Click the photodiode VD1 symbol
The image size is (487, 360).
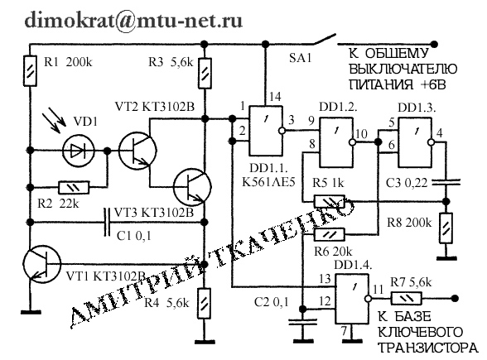click(x=78, y=151)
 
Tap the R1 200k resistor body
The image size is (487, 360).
click(x=30, y=71)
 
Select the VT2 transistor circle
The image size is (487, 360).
click(x=137, y=151)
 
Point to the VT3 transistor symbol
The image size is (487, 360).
click(x=192, y=187)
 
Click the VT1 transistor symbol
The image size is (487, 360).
click(x=42, y=264)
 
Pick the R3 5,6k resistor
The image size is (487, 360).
click(x=205, y=73)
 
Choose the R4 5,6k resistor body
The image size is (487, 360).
click(x=205, y=303)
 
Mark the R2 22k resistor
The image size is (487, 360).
click(x=74, y=188)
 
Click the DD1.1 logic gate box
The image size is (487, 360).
click(x=266, y=131)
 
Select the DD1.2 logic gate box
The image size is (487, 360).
click(x=336, y=142)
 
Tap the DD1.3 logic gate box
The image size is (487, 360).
click(x=415, y=142)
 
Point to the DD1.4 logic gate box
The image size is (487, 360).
click(x=352, y=299)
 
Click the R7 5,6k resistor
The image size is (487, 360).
click(x=407, y=299)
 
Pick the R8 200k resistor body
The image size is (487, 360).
click(x=446, y=228)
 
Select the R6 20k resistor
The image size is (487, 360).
click(x=330, y=235)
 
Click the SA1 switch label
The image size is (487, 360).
click(x=300, y=58)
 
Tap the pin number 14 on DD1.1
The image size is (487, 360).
click(x=275, y=97)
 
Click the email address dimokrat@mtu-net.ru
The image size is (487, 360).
click(x=133, y=20)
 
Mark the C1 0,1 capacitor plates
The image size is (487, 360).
click(x=107, y=223)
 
